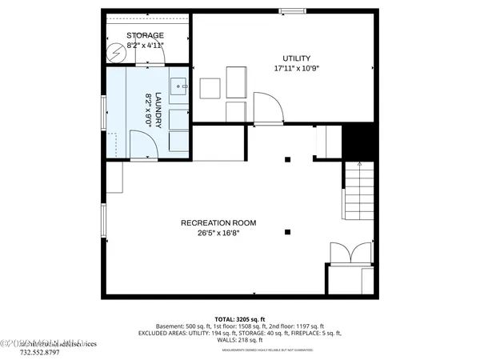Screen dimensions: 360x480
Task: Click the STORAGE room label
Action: (x=146, y=35)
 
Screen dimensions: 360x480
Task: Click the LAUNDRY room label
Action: (x=158, y=110)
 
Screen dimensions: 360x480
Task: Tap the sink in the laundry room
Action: (x=178, y=82)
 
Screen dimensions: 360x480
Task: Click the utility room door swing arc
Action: (x=267, y=107)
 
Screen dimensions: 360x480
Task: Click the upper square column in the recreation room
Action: (x=287, y=159)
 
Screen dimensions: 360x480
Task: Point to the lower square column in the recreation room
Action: (x=287, y=232)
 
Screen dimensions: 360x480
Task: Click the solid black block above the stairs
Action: (x=358, y=142)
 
